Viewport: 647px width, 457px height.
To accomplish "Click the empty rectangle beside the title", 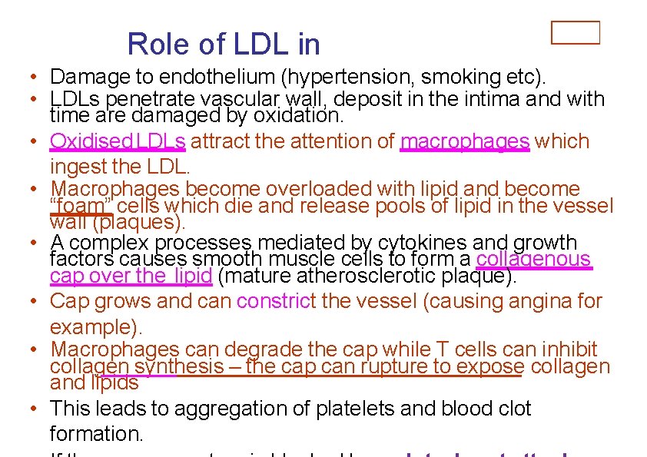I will (576, 33).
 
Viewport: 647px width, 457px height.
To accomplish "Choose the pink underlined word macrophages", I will (465, 141).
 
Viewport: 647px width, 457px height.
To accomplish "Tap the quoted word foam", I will (81, 206).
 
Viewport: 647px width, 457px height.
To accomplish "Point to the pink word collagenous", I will (534, 260).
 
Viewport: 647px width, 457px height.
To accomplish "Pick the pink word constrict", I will (276, 300).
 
